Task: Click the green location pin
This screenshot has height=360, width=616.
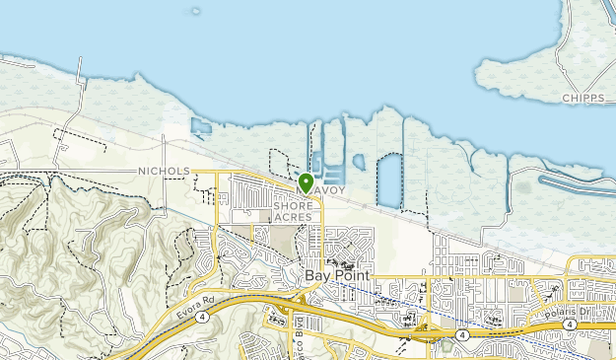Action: click(306, 182)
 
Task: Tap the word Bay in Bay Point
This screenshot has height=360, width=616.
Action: click(315, 276)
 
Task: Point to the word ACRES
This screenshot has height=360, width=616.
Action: click(293, 217)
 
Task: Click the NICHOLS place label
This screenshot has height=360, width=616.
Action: click(164, 171)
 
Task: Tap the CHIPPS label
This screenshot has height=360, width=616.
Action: click(583, 99)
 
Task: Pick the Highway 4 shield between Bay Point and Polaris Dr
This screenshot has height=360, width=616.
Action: click(461, 335)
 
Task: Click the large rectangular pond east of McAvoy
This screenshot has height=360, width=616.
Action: click(389, 180)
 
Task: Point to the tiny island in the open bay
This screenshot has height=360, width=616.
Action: click(195, 13)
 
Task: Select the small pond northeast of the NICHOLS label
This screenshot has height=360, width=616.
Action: click(201, 127)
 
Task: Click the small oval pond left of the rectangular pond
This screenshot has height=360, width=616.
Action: click(359, 162)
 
